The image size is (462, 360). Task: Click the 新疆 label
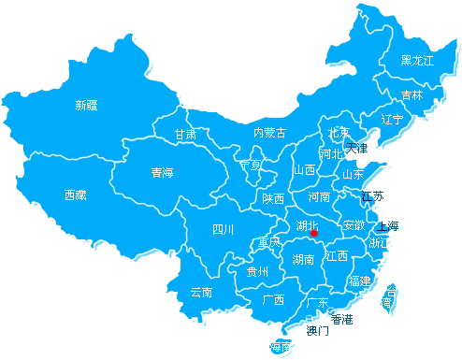[x=86, y=106]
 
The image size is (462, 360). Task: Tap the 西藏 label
[x=75, y=195]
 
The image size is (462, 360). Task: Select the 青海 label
[x=162, y=173]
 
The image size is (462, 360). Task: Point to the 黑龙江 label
[x=417, y=61]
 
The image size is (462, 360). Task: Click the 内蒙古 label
[x=269, y=133]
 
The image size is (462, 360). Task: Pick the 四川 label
[x=223, y=229]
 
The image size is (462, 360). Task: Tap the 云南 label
[x=201, y=292]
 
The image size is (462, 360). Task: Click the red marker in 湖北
[x=315, y=232]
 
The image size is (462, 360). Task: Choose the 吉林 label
[x=411, y=95]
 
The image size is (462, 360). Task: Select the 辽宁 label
[x=392, y=120]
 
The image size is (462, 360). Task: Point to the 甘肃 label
[x=185, y=135]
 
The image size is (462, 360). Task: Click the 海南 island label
[x=280, y=347]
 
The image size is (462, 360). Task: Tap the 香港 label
[x=342, y=320]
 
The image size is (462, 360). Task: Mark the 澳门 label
[x=318, y=330]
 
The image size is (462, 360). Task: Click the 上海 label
[x=387, y=226]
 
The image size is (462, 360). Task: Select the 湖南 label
[x=303, y=259]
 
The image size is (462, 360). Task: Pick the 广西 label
[x=273, y=300]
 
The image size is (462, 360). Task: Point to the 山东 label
[x=353, y=174]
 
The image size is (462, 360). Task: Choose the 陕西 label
[x=273, y=198]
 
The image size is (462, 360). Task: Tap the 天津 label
[x=357, y=147]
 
